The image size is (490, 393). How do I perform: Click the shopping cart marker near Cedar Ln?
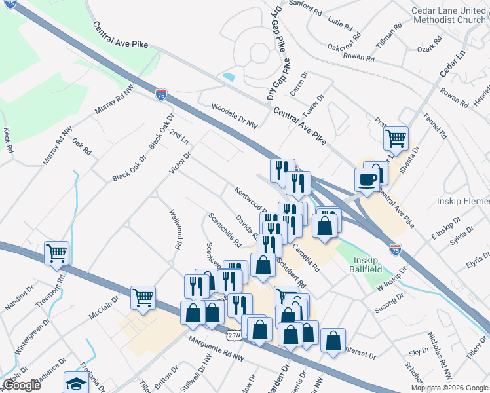click(396, 138)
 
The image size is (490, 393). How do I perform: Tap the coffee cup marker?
click(367, 179)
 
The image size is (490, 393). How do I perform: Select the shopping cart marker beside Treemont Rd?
click(57, 252)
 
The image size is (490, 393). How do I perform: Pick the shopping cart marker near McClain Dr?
click(143, 297)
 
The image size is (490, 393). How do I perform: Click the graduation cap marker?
click(76, 382)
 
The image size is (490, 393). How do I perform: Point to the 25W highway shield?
click(235, 335)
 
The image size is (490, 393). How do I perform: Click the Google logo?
click(21, 385)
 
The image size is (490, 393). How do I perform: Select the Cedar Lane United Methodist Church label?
click(448, 15)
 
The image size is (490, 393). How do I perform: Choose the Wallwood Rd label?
click(174, 229)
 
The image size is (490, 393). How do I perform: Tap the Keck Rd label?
click(8, 140)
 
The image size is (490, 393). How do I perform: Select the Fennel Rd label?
click(435, 125)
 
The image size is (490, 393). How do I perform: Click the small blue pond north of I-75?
click(229, 77)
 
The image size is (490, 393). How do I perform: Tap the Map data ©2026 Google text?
click(449, 388)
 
